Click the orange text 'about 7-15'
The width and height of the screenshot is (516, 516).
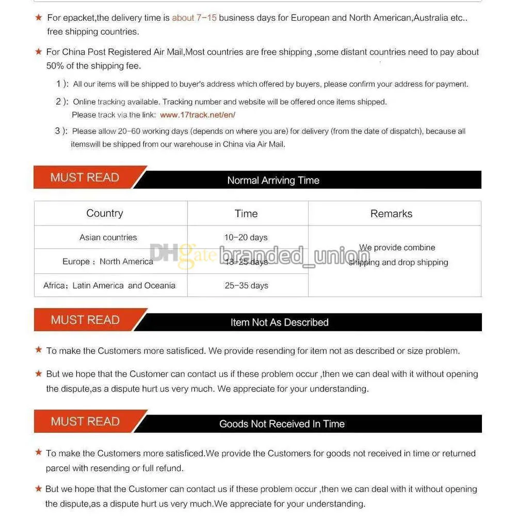(x=194, y=18)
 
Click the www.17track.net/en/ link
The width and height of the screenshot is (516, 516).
(x=197, y=115)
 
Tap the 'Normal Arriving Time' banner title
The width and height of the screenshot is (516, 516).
(x=273, y=180)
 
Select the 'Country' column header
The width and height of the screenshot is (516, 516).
(x=105, y=213)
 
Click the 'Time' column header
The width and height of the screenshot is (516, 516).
(x=246, y=214)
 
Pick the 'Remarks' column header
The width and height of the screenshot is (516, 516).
(x=391, y=214)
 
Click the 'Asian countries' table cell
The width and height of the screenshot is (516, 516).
(x=108, y=237)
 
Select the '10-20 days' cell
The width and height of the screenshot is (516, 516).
(x=246, y=237)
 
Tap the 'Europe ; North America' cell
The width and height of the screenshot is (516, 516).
(x=108, y=262)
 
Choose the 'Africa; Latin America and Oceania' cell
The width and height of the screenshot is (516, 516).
(x=109, y=285)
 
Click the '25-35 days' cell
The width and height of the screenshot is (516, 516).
(x=246, y=285)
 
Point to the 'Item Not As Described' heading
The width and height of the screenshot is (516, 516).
(x=279, y=322)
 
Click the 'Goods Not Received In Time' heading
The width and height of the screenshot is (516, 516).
(x=282, y=424)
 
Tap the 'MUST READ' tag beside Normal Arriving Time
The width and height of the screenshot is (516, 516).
(x=85, y=178)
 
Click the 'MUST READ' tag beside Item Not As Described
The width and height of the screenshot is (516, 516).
(x=85, y=320)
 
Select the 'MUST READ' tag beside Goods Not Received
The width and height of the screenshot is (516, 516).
(x=85, y=422)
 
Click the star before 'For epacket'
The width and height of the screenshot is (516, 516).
(x=39, y=18)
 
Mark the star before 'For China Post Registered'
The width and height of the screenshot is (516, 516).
(x=38, y=52)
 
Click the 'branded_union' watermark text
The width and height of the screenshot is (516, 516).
(x=295, y=256)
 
